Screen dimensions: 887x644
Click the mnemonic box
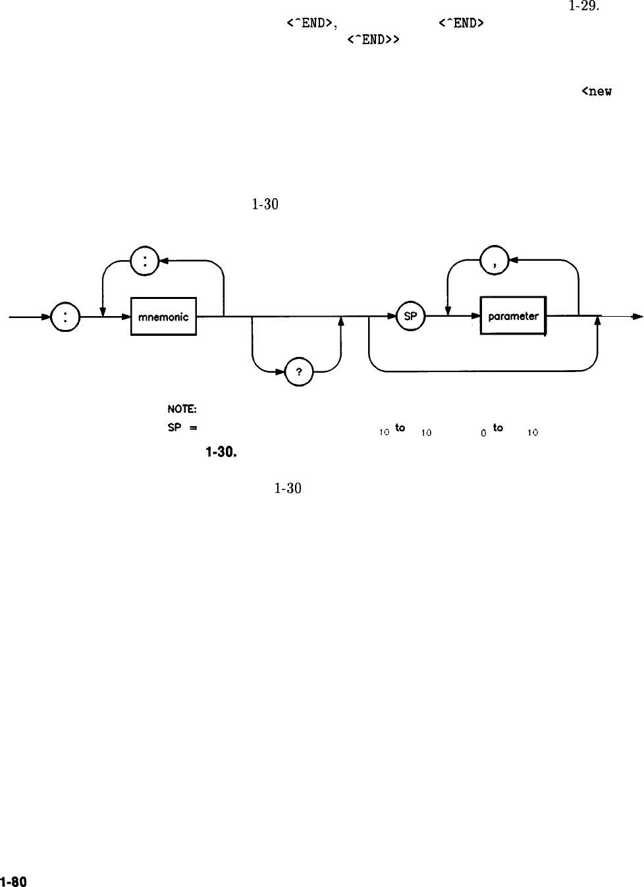[x=163, y=317]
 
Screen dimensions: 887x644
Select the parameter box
[x=514, y=317]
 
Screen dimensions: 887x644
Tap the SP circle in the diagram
[x=410, y=317]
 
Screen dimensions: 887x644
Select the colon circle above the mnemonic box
[x=144, y=260]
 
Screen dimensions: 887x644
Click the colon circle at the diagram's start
[x=65, y=317]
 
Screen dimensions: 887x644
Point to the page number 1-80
[x=13, y=881]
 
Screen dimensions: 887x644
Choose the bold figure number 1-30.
[x=221, y=452]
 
